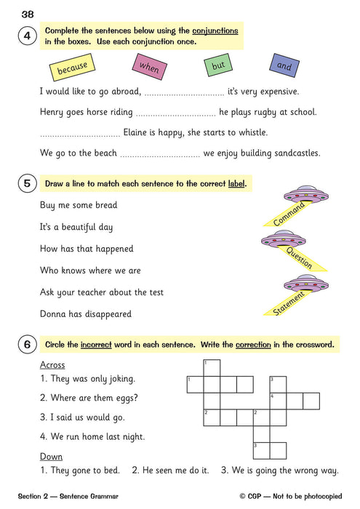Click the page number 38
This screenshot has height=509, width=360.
(28, 13)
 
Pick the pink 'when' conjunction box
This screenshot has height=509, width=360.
(148, 67)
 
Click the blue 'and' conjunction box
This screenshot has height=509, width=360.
(284, 65)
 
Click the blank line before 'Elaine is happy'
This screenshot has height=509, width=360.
(80, 134)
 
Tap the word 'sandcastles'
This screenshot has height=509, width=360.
(295, 153)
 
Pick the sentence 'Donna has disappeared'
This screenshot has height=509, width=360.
(85, 314)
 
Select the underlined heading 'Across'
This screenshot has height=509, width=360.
(52, 365)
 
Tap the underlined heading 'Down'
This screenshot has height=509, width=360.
(51, 457)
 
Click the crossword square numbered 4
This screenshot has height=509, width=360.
(277, 401)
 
